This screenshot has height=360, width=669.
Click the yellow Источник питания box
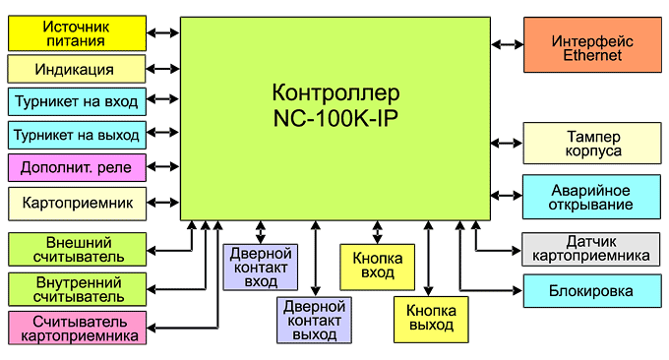[x=76, y=34]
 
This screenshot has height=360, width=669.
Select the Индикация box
[x=76, y=70]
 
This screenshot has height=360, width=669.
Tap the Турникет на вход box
[x=76, y=100]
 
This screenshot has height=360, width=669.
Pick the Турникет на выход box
[x=76, y=134]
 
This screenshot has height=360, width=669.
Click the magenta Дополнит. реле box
[x=76, y=167]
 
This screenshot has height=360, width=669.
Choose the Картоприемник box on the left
[x=76, y=203]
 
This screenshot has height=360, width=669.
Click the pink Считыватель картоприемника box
[x=76, y=329]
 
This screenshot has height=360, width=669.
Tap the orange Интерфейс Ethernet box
[x=591, y=44]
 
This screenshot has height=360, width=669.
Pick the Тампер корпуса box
[x=591, y=144]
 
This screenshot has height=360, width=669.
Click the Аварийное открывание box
[x=591, y=197]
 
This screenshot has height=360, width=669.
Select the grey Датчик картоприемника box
[x=591, y=249]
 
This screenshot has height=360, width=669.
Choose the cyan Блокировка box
[x=591, y=291]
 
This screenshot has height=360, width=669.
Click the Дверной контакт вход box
[x=260, y=268]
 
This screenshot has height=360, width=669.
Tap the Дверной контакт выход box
[x=315, y=321]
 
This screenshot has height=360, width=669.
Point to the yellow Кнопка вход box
[x=377, y=266]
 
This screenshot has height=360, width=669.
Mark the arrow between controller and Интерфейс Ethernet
[x=507, y=44]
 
